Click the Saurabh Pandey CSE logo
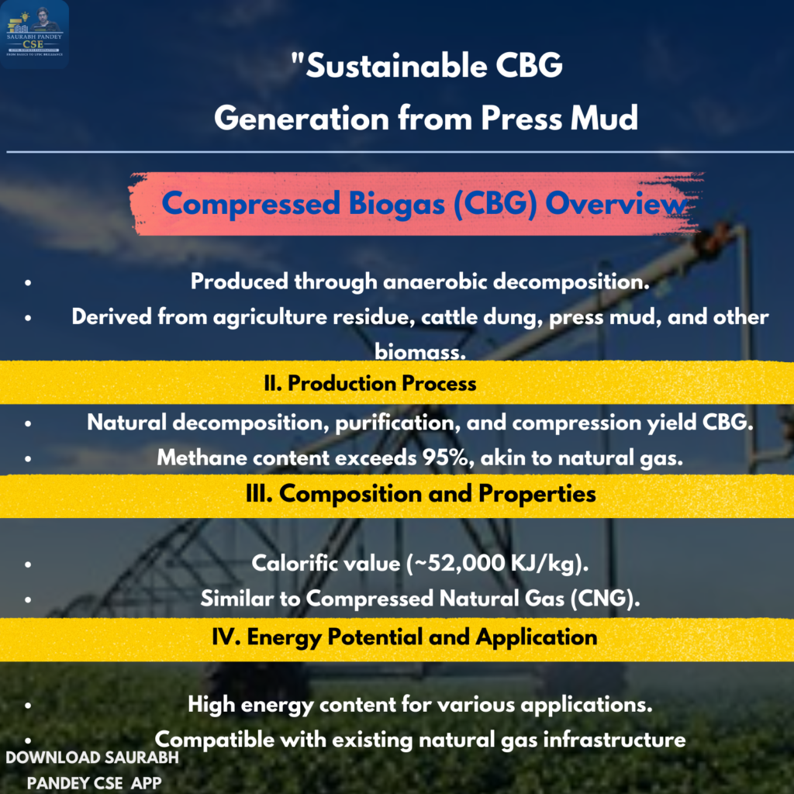click(x=34, y=33)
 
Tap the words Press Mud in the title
click(x=559, y=118)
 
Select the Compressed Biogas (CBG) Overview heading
click(x=424, y=204)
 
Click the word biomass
click(x=419, y=351)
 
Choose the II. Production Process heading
click(x=370, y=383)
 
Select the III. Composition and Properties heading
click(x=421, y=494)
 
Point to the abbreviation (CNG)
click(x=605, y=599)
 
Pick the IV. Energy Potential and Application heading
click(x=405, y=637)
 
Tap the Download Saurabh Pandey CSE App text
click(x=93, y=770)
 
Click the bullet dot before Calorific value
click(x=28, y=564)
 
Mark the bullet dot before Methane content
click(x=28, y=459)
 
